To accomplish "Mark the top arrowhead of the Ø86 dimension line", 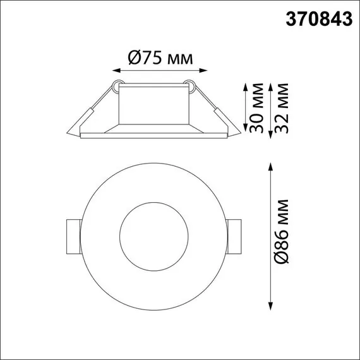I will pos(271,166).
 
